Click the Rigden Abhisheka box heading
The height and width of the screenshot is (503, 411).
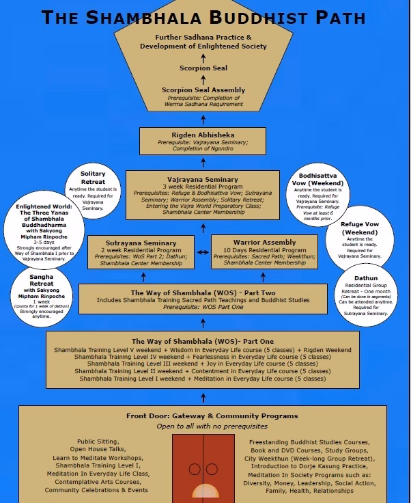click(203, 135)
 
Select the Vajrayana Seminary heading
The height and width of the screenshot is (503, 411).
click(203, 180)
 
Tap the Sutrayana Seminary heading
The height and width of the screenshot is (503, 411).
click(141, 242)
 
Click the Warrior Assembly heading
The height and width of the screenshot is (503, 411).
click(264, 242)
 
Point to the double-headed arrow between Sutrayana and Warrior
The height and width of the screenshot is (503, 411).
click(203, 252)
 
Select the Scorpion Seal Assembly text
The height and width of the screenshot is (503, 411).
click(203, 90)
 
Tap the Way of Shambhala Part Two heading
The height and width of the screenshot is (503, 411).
click(202, 294)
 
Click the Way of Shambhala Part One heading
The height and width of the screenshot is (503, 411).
click(202, 340)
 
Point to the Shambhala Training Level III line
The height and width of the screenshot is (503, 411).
click(202, 364)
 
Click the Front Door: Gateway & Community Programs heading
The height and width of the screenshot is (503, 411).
click(202, 416)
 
